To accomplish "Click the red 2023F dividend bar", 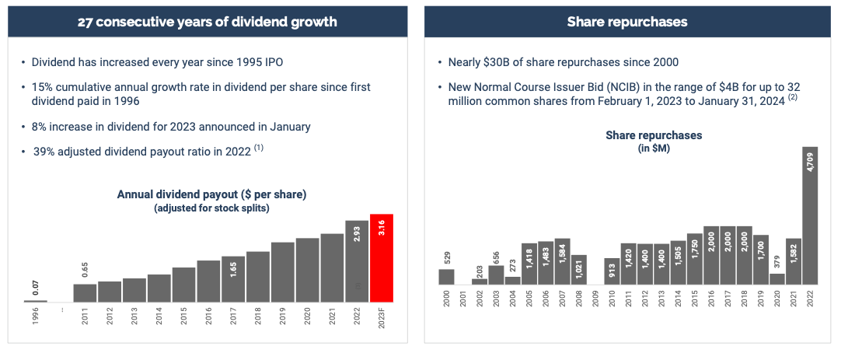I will [382, 258].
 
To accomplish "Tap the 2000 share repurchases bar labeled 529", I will [446, 276].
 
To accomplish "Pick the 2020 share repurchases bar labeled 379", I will [777, 278].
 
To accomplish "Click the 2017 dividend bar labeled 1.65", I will [233, 278].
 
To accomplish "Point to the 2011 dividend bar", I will [85, 292].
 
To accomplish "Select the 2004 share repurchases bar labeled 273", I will [512, 280].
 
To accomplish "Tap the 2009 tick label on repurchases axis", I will [595, 299].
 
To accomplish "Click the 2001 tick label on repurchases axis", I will [462, 299].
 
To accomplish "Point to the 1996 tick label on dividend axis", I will [36, 318].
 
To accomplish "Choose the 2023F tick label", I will [382, 320].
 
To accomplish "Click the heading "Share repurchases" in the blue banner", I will [626, 22].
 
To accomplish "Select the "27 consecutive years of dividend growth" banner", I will [207, 22].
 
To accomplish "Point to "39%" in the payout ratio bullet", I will [44, 152].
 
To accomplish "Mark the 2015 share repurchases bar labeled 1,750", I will [695, 258].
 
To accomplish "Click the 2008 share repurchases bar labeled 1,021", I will [578, 270].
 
